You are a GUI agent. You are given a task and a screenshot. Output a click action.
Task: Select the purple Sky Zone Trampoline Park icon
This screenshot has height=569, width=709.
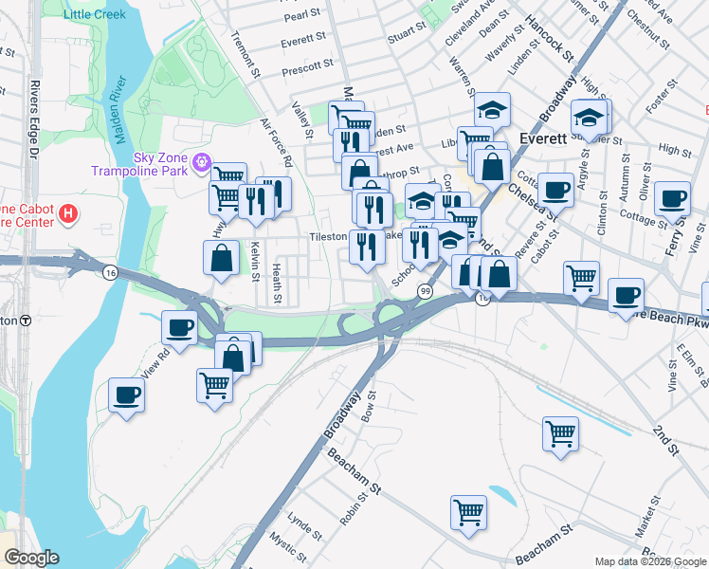(x=201, y=163)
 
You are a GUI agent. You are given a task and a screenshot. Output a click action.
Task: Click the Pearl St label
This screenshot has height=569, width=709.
(x=302, y=15)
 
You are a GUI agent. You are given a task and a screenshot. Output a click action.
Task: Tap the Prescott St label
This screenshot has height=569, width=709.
(x=308, y=65)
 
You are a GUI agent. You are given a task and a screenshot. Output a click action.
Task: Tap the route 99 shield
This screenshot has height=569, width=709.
(x=423, y=290)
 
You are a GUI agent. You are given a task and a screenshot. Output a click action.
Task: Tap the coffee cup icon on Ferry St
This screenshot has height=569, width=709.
(x=672, y=198)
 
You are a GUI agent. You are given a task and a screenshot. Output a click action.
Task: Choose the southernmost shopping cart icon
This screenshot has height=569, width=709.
(x=468, y=512)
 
